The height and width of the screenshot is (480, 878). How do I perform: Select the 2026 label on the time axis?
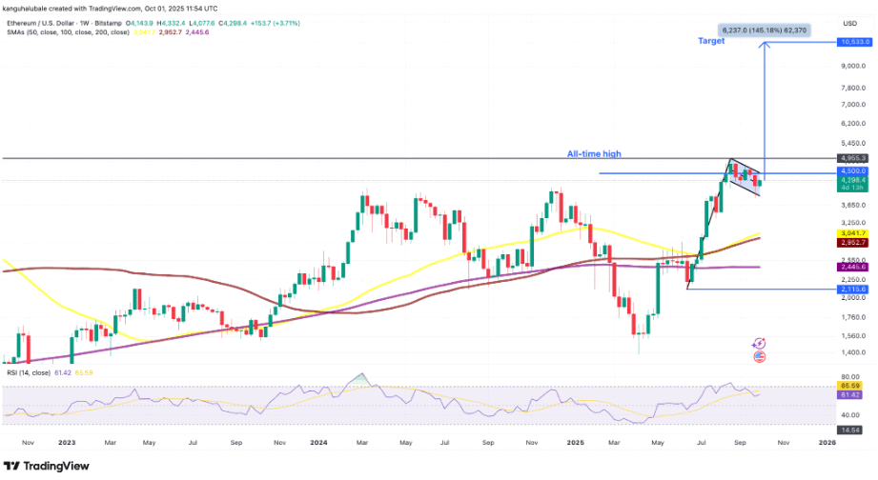tap(827, 443)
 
